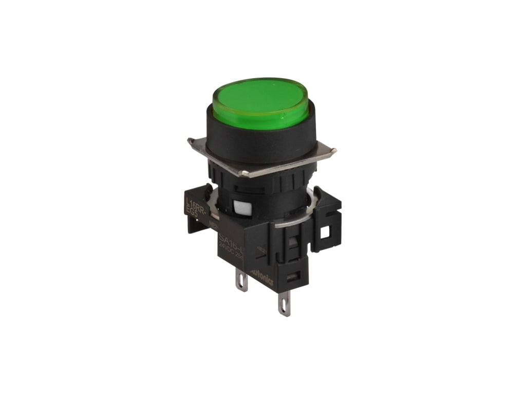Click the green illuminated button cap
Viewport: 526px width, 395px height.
260,101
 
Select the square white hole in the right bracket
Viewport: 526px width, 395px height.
325,232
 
